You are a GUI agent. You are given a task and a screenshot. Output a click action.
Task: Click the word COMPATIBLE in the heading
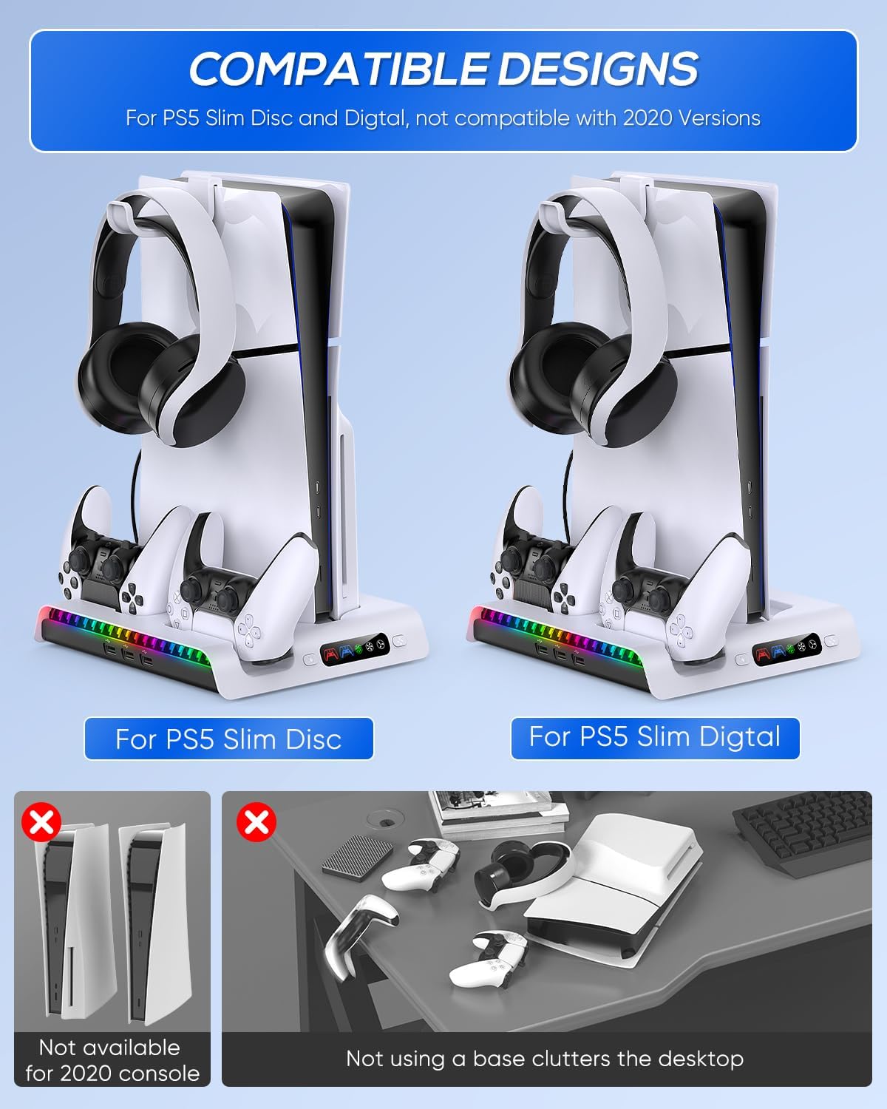pyautogui.click(x=339, y=69)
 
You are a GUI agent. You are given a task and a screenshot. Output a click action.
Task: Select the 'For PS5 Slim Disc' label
pyautogui.click(x=229, y=739)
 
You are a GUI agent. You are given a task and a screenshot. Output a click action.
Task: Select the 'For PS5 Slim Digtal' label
pyautogui.click(x=655, y=737)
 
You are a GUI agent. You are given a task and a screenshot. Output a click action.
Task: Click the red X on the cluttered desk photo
pyautogui.click(x=256, y=821)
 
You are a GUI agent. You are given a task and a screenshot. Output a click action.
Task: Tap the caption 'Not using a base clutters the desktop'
pyautogui.click(x=546, y=1059)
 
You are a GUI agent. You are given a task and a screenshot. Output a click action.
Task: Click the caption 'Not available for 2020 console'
pyautogui.click(x=112, y=1060)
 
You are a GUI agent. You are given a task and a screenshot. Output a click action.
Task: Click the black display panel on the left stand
pyautogui.click(x=355, y=648)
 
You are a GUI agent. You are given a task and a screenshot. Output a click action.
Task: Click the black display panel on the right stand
pyautogui.click(x=786, y=648)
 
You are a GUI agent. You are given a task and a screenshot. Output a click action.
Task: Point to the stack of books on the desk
pyautogui.click(x=498, y=813)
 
